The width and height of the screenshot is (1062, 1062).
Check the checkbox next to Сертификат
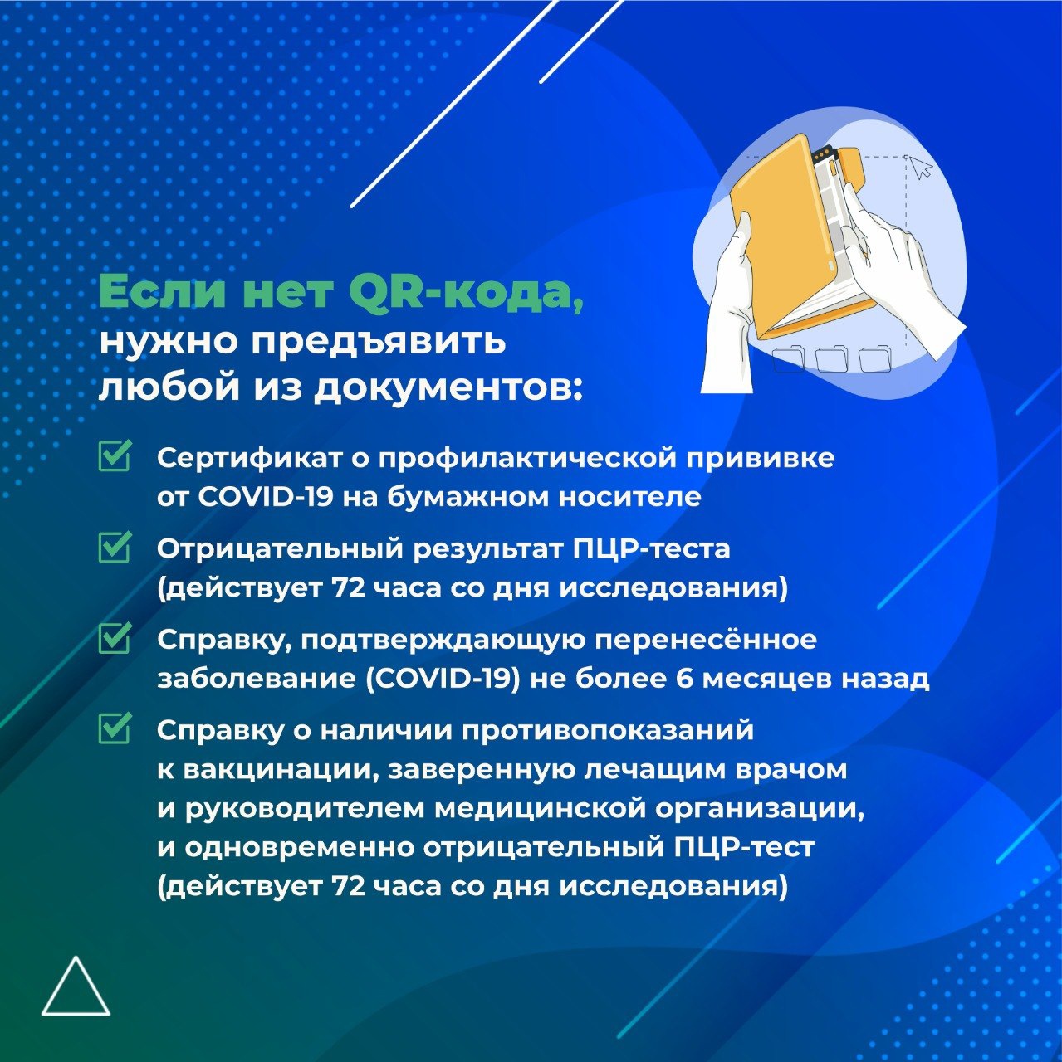(x=115, y=456)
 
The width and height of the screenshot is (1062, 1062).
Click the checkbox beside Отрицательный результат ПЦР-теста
(x=115, y=547)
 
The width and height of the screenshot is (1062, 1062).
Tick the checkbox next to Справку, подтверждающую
(x=115, y=638)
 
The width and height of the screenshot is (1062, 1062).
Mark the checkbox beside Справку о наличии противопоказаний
(x=115, y=728)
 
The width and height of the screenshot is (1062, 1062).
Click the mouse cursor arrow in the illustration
(x=920, y=167)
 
